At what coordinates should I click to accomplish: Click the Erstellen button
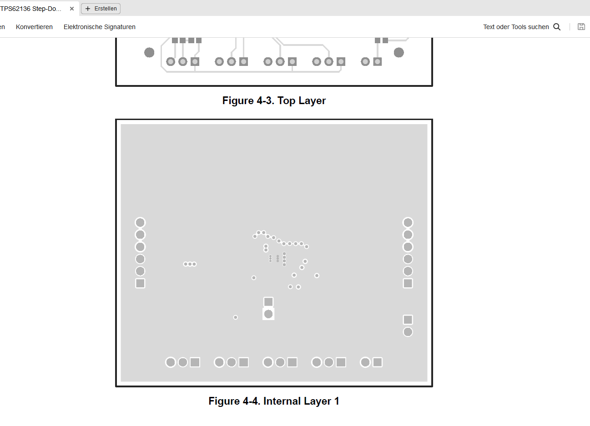pos(101,9)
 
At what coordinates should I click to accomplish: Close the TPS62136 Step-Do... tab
pos(71,9)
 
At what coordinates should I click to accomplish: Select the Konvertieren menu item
pos(34,27)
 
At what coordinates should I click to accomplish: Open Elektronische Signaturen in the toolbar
pos(100,27)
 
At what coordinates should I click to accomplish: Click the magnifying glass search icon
pos(557,27)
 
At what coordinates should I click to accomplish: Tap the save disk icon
pos(581,26)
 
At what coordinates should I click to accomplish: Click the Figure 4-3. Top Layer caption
pos(274,100)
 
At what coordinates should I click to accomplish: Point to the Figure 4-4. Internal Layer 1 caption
pos(274,401)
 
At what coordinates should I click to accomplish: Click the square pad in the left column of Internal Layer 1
pos(140,283)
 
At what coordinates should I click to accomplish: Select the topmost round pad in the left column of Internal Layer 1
pos(140,222)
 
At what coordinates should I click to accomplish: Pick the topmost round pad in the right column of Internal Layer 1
pos(408,222)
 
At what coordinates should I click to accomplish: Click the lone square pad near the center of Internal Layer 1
pos(268,302)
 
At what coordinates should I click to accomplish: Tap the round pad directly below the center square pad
pos(268,314)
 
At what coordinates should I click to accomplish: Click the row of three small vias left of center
pos(190,264)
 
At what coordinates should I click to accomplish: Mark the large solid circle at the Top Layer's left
pos(149,52)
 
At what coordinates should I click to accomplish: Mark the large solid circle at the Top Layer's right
pos(399,52)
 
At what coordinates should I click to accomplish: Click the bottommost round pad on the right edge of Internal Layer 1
pos(408,332)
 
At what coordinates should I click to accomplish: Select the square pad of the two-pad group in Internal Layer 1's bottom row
pos(378,362)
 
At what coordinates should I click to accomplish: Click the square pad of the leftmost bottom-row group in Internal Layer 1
pos(195,362)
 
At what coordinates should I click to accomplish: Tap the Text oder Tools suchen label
pos(516,27)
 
